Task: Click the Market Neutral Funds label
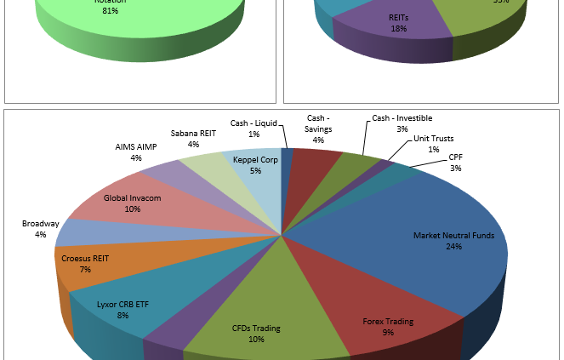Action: click(x=449, y=235)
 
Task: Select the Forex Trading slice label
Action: click(x=388, y=322)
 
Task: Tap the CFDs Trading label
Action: click(x=256, y=329)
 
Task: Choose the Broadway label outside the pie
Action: click(x=40, y=224)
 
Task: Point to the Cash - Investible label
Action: click(x=402, y=117)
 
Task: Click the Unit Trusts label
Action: click(x=433, y=138)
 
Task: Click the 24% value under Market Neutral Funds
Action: click(x=453, y=247)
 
